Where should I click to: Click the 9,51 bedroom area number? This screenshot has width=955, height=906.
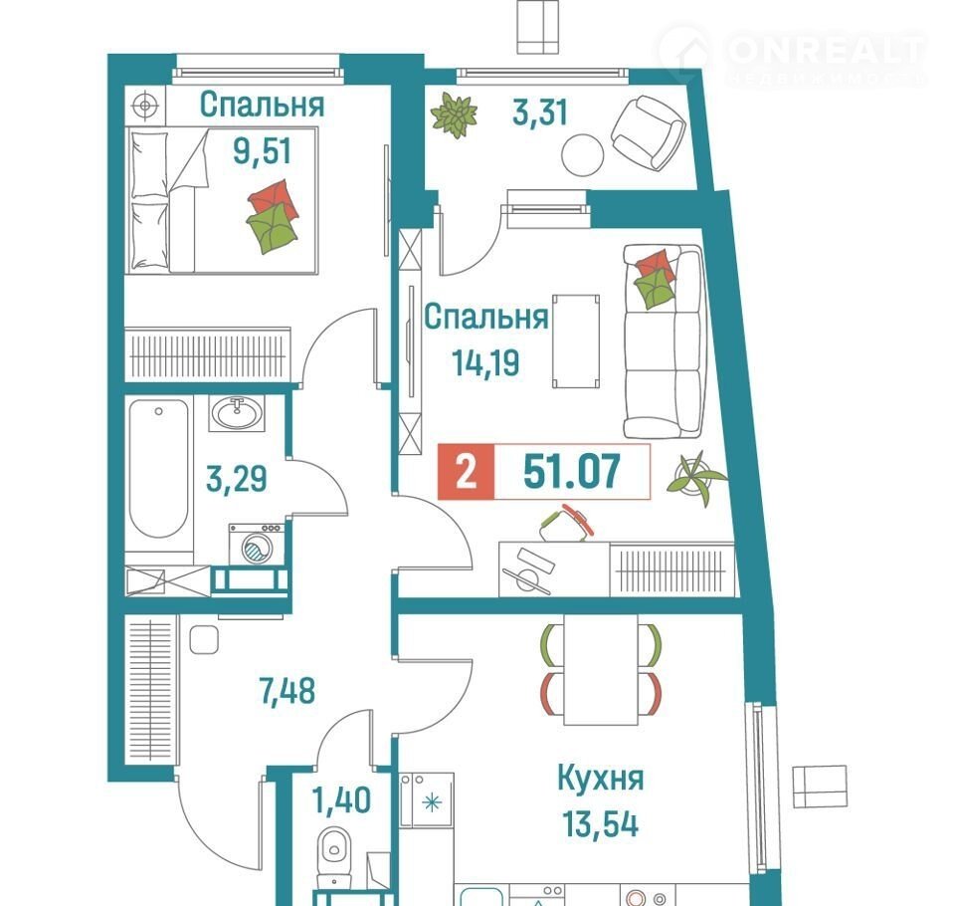[x=262, y=150]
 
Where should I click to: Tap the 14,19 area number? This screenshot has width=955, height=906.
[x=485, y=362]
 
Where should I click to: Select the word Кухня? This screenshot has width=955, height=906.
[x=600, y=779]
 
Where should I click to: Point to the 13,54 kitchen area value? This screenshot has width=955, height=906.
[x=601, y=824]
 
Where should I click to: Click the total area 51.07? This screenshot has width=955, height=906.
[x=572, y=471]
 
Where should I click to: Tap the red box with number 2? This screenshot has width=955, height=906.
[x=466, y=472]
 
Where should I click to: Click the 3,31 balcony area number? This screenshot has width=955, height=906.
[x=539, y=113]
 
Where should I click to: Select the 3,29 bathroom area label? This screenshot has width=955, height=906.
[x=237, y=479]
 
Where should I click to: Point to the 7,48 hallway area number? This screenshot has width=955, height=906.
[x=286, y=691]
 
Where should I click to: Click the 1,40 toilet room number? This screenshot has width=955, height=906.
[x=341, y=799]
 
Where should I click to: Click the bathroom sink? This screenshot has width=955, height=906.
[x=237, y=413]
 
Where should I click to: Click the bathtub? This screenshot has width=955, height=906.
[x=158, y=468]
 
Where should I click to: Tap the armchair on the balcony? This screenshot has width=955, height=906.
[x=648, y=132]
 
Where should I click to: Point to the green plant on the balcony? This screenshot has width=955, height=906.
[x=454, y=114]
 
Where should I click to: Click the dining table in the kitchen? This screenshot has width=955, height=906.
[x=601, y=669]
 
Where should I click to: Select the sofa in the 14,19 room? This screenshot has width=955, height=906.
[x=664, y=341]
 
